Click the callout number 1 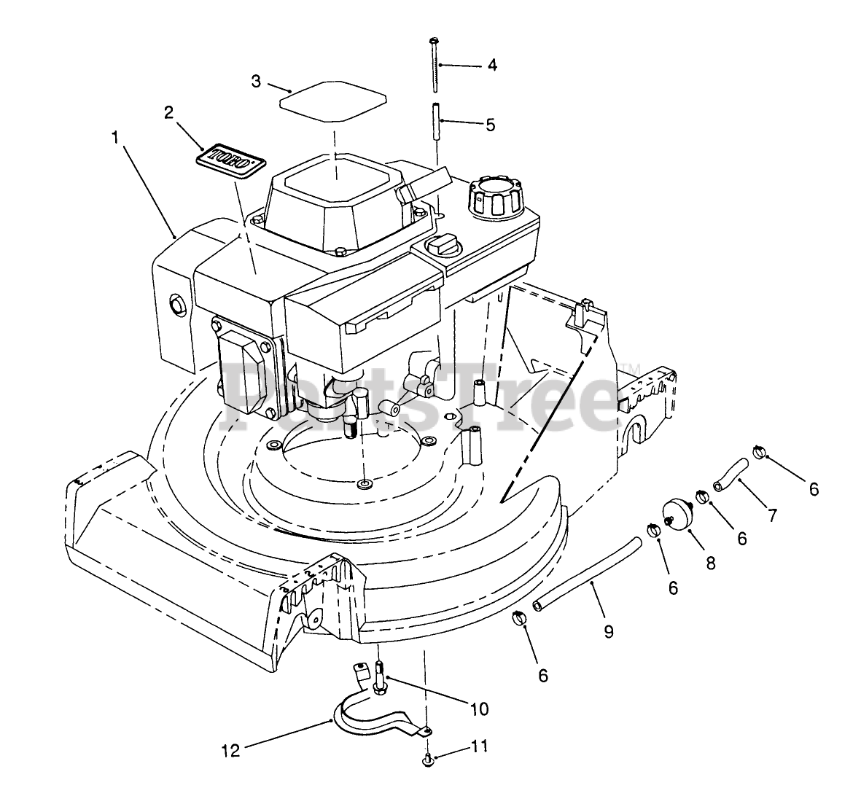[114, 136]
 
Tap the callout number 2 [168, 112]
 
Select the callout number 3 [256, 82]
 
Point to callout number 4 [492, 65]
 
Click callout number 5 [490, 125]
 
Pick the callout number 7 [771, 515]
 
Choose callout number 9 [608, 631]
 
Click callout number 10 [480, 709]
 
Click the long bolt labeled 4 [435, 66]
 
